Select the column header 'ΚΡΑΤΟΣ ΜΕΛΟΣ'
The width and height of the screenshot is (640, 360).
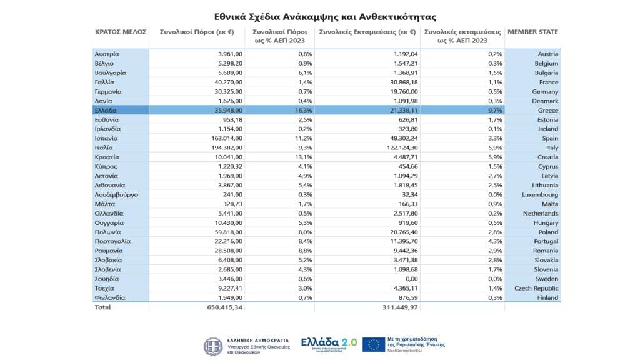(121, 32)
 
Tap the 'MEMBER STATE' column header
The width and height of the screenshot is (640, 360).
(532, 32)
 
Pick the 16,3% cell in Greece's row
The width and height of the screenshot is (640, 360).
(304, 110)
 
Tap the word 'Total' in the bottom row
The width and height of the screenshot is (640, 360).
(102, 307)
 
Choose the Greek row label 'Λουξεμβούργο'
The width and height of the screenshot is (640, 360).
(116, 194)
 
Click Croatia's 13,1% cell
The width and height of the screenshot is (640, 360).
(304, 157)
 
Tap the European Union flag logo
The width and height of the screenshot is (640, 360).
(374, 344)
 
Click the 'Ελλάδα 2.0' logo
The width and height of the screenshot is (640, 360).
(329, 343)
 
